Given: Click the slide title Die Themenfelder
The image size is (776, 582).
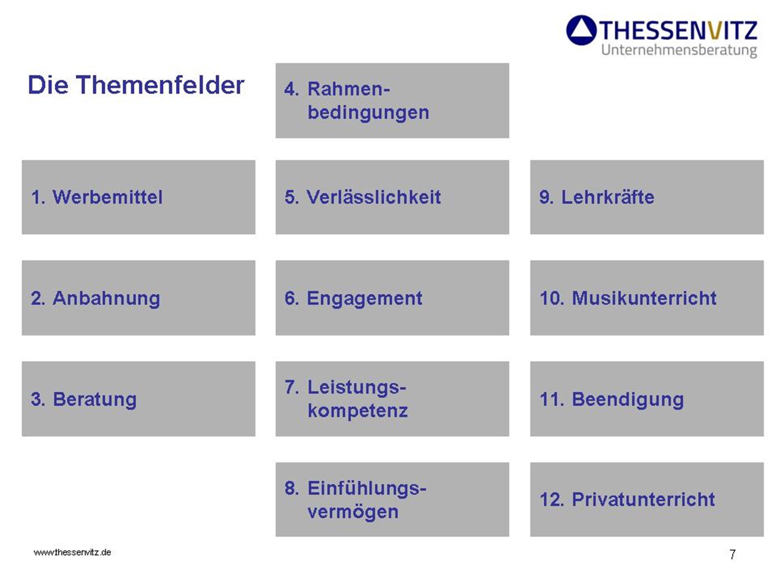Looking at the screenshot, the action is [x=136, y=85].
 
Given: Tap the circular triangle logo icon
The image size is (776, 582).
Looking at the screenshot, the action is [x=581, y=30].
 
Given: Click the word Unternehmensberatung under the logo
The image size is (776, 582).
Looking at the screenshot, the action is [x=679, y=51].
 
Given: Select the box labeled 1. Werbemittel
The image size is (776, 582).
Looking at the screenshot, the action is [x=139, y=197].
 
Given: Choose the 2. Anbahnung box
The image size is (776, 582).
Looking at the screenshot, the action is [x=139, y=298].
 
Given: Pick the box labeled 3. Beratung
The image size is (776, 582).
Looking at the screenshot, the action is [x=139, y=399].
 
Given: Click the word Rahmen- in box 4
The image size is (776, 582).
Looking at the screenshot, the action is [x=348, y=89].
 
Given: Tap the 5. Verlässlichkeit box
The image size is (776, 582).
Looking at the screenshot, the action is [x=392, y=197].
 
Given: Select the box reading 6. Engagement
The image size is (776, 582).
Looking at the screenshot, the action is [x=392, y=298].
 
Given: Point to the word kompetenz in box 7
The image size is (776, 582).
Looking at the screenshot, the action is [x=358, y=411].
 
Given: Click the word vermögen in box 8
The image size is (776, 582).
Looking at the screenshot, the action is [x=353, y=512].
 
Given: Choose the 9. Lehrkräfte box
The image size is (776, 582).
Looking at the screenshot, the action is [x=647, y=197].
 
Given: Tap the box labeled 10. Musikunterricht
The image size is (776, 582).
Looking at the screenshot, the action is [x=647, y=298].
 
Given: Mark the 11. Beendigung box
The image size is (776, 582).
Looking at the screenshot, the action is [x=647, y=399].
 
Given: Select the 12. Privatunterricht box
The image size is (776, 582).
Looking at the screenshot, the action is [x=647, y=500].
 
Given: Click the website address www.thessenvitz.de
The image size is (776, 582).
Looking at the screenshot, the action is [x=72, y=552].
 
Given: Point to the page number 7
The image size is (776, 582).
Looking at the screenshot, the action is [x=732, y=554].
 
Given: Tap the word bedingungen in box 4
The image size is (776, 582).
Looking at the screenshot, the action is [x=368, y=113].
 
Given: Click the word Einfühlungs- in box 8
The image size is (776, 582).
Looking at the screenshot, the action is [x=367, y=488].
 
